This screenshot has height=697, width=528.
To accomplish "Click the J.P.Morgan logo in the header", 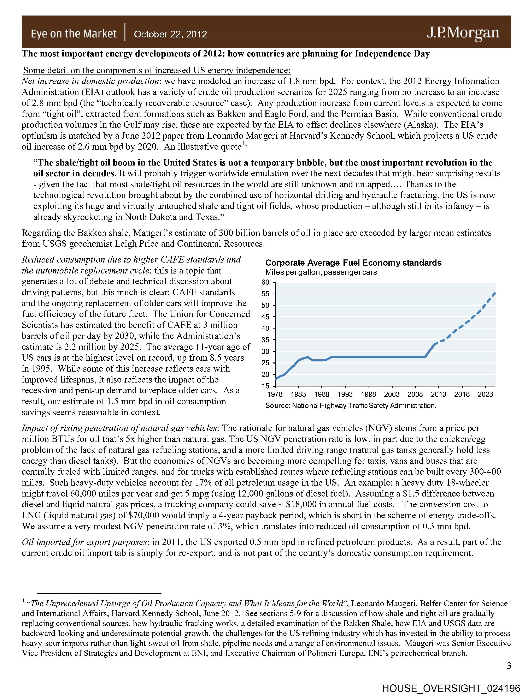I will pyautogui.click(x=463, y=33).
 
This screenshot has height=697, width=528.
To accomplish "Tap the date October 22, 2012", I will pyautogui.click(x=170, y=34).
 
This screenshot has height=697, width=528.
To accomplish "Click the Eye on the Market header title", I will pyautogui.click(x=74, y=33).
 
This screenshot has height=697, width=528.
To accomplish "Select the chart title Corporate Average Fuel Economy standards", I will pyautogui.click(x=353, y=263).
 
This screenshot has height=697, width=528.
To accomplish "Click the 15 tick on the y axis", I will pyautogui.click(x=266, y=386).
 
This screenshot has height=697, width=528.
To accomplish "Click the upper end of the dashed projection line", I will pyautogui.click(x=495, y=294).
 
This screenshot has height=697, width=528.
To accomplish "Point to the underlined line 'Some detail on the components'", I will pyautogui.click(x=157, y=70).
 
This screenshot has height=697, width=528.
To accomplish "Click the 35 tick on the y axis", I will pyautogui.click(x=266, y=340).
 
